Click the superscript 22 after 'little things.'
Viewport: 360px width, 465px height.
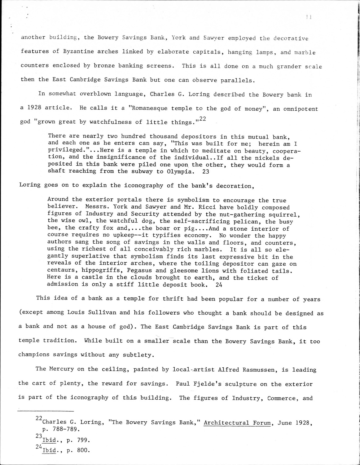coord(202,119)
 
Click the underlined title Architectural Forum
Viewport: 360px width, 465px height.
coord(237,423)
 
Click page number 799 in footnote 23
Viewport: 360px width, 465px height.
coord(82,440)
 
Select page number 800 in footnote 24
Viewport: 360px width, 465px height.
coord(82,450)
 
